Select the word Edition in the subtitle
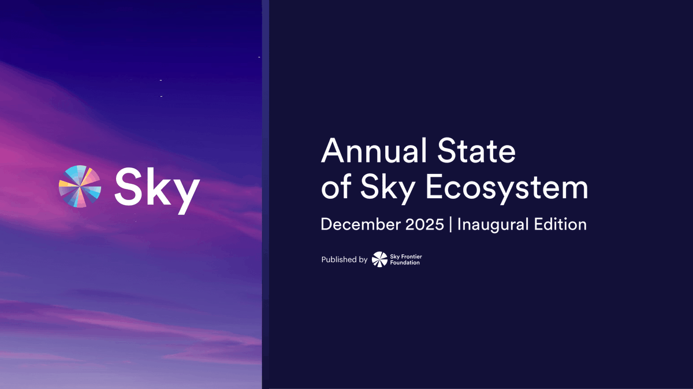pos(559,224)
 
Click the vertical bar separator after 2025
pos(450,225)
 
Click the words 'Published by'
pos(344,260)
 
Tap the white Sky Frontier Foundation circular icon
pos(379,260)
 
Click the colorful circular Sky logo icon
pos(80,186)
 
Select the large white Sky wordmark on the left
pos(157,187)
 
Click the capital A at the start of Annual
pos(333,151)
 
